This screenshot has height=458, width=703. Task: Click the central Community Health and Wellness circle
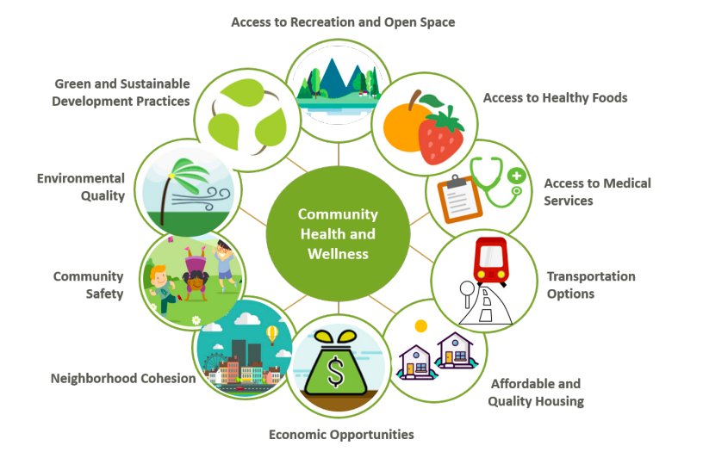coord(338,233)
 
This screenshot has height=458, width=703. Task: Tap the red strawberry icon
coord(440,133)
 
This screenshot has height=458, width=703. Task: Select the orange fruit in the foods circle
coord(401,125)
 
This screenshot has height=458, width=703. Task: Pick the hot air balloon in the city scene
coord(272,334)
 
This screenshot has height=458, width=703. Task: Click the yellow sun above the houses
coord(420,326)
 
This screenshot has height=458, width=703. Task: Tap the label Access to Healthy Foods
coord(555,98)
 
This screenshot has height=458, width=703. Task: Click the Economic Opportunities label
coord(341,435)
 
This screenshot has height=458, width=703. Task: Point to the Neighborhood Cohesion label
coord(123,378)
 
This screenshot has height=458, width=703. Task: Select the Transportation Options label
coord(591,285)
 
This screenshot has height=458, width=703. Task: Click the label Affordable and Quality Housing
coord(536,393)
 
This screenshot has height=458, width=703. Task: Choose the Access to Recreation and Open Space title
coord(343,22)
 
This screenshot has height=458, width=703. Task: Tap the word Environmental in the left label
coord(81,179)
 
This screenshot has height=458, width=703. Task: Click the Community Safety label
coord(89,285)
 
